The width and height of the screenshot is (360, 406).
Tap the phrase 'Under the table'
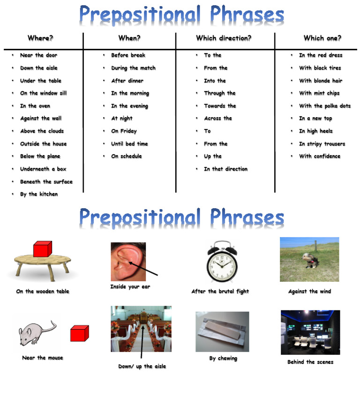(x=40, y=81)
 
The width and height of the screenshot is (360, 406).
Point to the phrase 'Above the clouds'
(x=42, y=131)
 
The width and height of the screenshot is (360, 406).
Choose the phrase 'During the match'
(x=133, y=68)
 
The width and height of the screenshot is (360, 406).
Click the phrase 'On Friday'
(x=124, y=131)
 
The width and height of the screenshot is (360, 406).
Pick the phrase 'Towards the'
(x=219, y=106)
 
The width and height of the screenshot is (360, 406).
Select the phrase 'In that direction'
(x=225, y=169)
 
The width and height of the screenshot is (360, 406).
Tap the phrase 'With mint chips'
(x=319, y=93)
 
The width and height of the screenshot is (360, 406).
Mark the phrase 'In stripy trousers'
(x=322, y=144)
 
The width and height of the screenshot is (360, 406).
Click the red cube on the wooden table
(x=42, y=249)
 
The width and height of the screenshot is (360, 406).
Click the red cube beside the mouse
(x=79, y=333)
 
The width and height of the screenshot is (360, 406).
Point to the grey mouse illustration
(x=37, y=333)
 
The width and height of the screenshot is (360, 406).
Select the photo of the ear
(x=128, y=262)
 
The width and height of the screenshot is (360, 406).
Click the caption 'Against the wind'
(x=309, y=292)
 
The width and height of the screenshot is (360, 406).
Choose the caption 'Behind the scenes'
(x=310, y=362)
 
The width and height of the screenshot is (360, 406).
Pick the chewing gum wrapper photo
(x=222, y=331)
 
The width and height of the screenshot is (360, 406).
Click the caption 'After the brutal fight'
(x=220, y=292)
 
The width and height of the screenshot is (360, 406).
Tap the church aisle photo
(x=141, y=329)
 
